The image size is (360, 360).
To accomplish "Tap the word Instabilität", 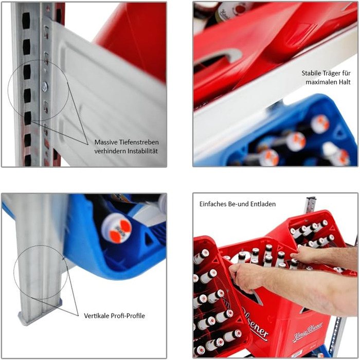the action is click(x=142, y=151).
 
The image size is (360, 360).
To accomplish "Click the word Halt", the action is click(x=345, y=82).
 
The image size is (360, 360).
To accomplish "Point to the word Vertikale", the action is click(x=97, y=316).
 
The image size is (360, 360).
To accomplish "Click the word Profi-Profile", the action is click(x=128, y=316).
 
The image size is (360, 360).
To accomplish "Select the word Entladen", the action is click(x=264, y=204).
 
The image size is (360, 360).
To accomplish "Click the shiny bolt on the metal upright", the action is click(x=45, y=86).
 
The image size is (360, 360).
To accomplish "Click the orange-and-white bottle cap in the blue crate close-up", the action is click(x=117, y=228).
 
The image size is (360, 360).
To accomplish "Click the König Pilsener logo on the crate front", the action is click(x=308, y=331).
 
